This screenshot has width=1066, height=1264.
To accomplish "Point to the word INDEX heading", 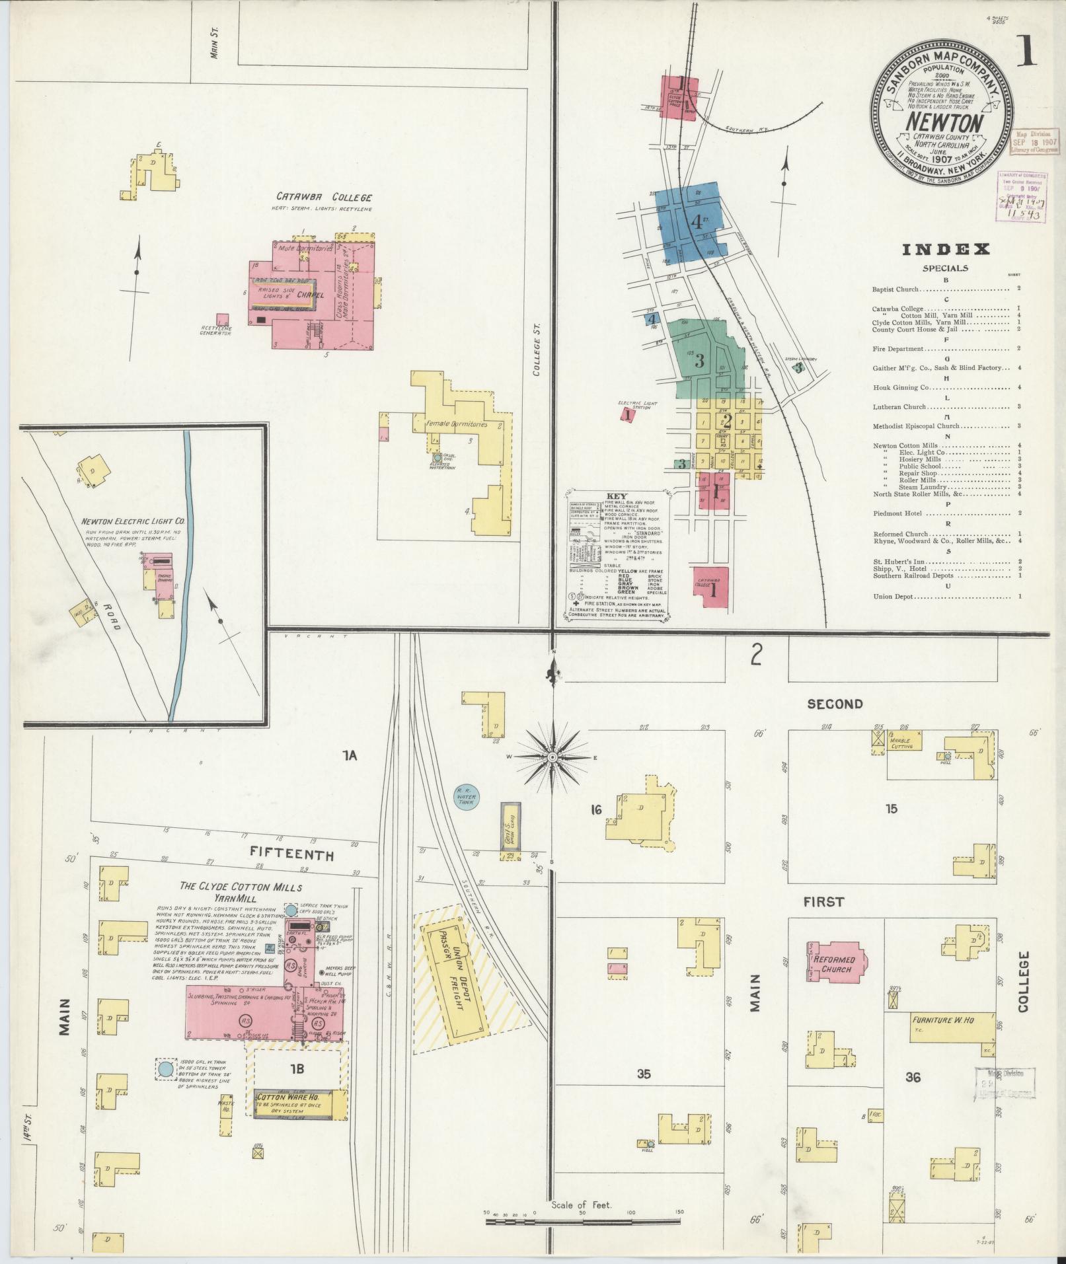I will click(946, 249).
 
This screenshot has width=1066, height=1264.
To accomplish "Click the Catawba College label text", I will click(324, 197).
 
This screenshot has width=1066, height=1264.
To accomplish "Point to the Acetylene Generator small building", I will click(223, 320).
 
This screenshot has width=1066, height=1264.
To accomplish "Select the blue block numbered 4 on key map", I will click(695, 223).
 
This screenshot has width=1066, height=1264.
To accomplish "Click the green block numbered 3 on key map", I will click(699, 360).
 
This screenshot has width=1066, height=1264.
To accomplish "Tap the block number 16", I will click(595, 809).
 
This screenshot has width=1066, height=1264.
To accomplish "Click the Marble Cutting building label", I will click(901, 743).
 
